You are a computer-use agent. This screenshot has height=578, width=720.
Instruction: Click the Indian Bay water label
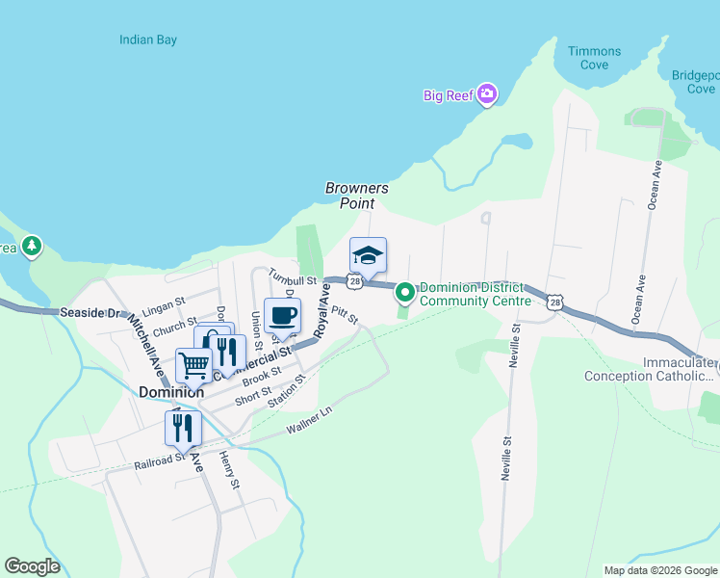[148, 40]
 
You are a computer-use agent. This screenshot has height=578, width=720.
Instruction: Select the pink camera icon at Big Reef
[488, 93]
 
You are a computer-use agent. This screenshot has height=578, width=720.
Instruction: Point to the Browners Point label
[356, 196]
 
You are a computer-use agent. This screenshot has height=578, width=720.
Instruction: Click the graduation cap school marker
[368, 256]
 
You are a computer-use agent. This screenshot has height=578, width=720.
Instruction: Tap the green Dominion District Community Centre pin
[405, 291]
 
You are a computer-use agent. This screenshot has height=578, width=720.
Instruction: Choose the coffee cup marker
[282, 316]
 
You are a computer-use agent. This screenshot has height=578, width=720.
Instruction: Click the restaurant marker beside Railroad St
[182, 428]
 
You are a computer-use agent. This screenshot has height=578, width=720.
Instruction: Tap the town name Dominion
[171, 392]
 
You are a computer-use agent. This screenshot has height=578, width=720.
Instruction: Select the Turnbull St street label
[292, 277]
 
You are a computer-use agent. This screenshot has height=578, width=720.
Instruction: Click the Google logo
[32, 566]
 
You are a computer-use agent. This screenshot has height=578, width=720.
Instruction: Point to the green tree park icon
[32, 247]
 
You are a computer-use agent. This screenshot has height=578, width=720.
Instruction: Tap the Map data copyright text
[659, 569]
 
